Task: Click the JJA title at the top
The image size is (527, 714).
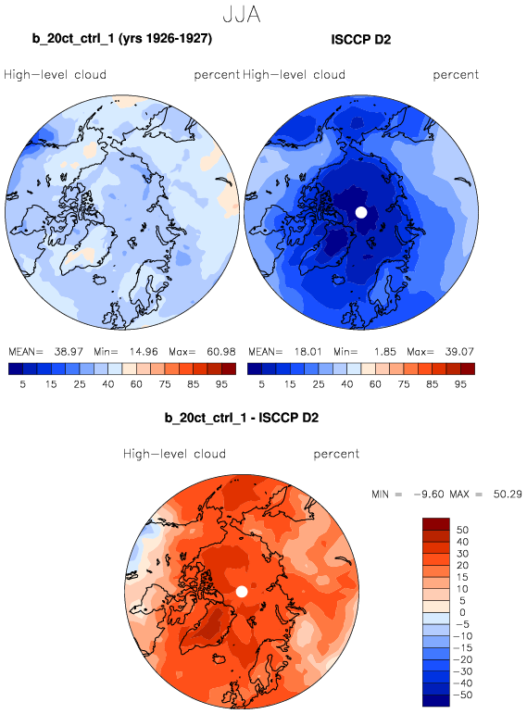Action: [x=242, y=14]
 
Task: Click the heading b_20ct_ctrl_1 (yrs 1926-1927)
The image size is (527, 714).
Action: [x=122, y=39]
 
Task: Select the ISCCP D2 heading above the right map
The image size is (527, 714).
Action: [x=360, y=40]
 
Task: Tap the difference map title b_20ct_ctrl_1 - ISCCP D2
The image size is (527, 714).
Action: [x=242, y=418]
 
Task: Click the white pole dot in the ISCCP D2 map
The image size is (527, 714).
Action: [x=360, y=212]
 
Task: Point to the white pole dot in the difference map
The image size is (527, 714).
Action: [x=242, y=592]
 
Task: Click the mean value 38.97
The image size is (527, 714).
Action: [x=69, y=352]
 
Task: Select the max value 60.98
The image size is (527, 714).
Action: [x=221, y=352]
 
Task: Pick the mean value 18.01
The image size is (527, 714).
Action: [x=307, y=352]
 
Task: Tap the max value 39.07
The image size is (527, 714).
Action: [x=459, y=352]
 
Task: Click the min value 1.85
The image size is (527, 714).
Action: [x=385, y=352]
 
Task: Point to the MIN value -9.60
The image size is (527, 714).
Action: [x=428, y=495]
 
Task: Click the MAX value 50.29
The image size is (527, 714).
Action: [x=508, y=495]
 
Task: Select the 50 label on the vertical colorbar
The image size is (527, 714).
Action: [x=462, y=530]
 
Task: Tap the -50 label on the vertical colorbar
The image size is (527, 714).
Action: [x=463, y=695]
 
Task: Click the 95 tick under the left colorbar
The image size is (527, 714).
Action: [x=221, y=384]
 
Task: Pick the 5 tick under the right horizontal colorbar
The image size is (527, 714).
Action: [x=261, y=384]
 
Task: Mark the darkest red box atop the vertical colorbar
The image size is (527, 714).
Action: [x=436, y=523]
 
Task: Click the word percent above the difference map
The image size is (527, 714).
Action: [x=336, y=454]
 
